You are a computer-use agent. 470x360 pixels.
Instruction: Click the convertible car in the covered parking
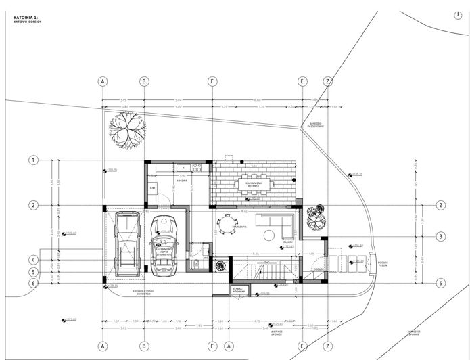tap(164, 244)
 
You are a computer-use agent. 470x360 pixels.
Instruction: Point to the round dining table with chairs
tap(227, 223)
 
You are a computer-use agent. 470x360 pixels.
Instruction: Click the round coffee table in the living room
tap(269, 236)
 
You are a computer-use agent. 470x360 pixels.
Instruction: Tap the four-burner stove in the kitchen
tap(197, 167)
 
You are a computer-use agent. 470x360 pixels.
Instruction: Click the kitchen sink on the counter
tap(181, 167)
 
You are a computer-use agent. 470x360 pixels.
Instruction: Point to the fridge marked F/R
tap(153, 187)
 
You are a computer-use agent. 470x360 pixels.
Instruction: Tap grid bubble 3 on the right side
tap(440, 236)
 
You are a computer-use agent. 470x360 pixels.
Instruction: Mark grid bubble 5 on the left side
tap(32, 272)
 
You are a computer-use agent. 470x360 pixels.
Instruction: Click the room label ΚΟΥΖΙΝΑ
tap(181, 181)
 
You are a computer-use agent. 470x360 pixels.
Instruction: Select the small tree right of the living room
tap(312, 217)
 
